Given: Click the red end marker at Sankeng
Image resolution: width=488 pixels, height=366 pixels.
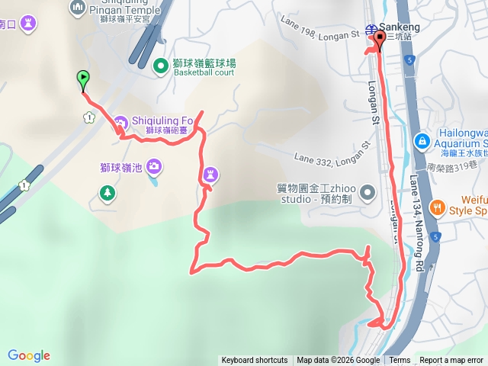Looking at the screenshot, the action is pos(379,40).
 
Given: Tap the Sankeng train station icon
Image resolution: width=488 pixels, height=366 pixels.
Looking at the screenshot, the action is pos(371,30).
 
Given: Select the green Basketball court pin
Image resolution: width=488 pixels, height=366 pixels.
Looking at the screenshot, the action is pos(161,66).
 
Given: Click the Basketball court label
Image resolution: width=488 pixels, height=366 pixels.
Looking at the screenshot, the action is pos(205,74).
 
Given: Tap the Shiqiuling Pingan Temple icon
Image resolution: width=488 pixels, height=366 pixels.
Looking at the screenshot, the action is pos(78,8).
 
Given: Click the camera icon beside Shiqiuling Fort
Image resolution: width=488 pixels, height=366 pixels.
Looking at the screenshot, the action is pos(121,121).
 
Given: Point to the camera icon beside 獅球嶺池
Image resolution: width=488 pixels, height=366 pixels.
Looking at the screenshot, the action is pos(153,165).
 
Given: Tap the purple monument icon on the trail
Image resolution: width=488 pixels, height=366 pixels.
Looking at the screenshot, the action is pos(210,176).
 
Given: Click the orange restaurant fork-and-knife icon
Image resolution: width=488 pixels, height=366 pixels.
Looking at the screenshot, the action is pos(438,207).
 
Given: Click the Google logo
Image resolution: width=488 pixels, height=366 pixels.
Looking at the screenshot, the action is pos(29,355).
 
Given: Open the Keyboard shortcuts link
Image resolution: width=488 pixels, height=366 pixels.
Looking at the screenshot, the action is pos(255,361).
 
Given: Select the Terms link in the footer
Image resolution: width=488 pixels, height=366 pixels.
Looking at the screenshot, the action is pos(400,361).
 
